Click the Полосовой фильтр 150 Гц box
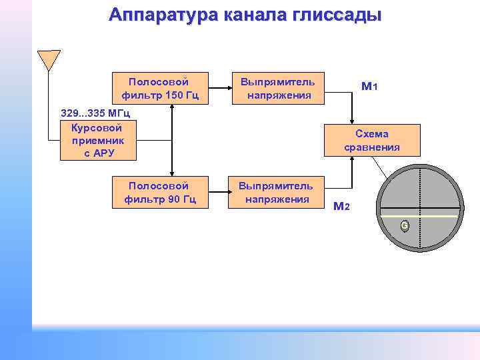pos(160,88)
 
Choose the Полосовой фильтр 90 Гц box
pos(160,192)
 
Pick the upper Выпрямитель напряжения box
pos(279,88)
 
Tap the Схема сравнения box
pos(372,140)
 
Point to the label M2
pos(341,206)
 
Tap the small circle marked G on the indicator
pos(404,227)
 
